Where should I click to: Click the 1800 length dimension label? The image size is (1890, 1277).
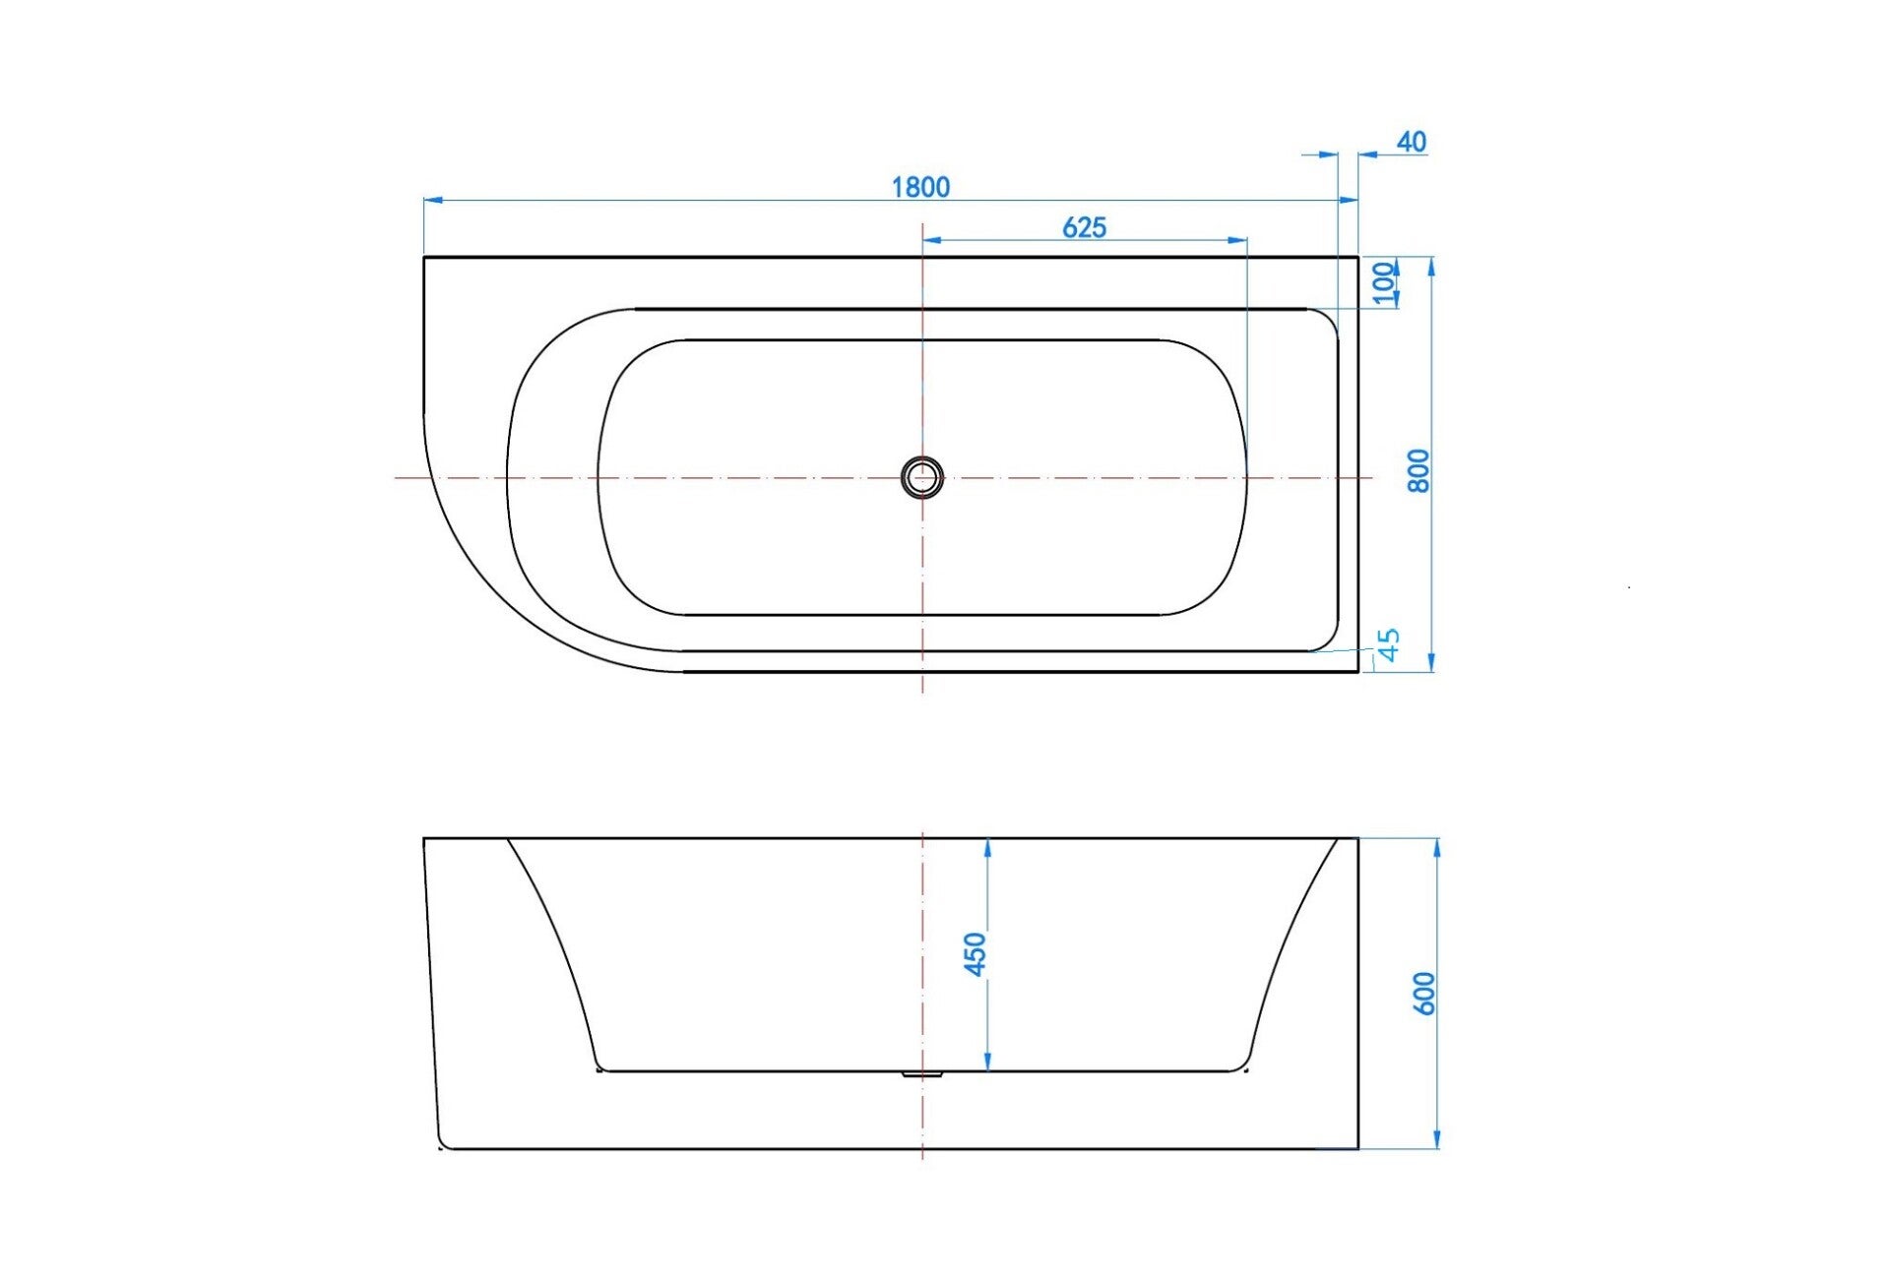[x=920, y=187]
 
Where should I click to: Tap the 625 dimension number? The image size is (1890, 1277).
[x=1084, y=227]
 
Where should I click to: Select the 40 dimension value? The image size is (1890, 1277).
[x=1412, y=142]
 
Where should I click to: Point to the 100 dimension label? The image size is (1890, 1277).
[x=1385, y=283]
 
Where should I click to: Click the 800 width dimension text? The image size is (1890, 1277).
[x=1417, y=470]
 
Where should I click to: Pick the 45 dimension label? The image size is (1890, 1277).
[x=1388, y=644]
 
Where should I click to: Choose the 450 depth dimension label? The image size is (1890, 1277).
[x=974, y=954]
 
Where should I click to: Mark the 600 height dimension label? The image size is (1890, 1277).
[x=1423, y=994]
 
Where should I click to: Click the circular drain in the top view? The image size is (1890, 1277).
[x=922, y=477]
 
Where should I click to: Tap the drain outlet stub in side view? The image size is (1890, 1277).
[x=923, y=1074]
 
